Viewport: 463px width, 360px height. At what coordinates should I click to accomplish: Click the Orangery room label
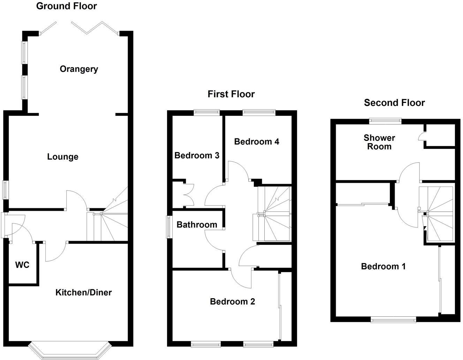point(79,69)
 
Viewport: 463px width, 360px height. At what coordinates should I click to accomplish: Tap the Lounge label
point(63,157)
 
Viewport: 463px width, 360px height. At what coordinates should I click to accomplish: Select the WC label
point(22,265)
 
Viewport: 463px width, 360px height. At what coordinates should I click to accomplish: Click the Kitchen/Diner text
point(84,292)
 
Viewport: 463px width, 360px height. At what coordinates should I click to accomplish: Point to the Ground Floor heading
point(67,6)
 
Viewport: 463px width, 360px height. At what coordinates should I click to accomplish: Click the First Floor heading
point(231,94)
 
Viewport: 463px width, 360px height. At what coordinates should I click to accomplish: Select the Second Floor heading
point(394,103)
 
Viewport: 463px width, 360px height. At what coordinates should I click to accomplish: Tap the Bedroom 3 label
point(197,156)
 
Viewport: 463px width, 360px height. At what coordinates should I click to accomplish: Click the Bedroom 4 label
point(257,142)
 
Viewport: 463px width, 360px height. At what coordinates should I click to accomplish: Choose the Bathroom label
point(197,225)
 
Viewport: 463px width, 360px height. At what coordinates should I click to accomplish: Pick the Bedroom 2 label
point(233,301)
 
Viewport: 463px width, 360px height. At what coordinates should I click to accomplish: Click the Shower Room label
point(379,142)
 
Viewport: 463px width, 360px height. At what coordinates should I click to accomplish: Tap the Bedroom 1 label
point(383,267)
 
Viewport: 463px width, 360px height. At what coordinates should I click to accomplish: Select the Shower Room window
point(385,121)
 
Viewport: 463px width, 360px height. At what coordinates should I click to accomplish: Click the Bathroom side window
point(168,227)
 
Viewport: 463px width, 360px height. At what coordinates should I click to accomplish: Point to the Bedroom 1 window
point(393,319)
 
